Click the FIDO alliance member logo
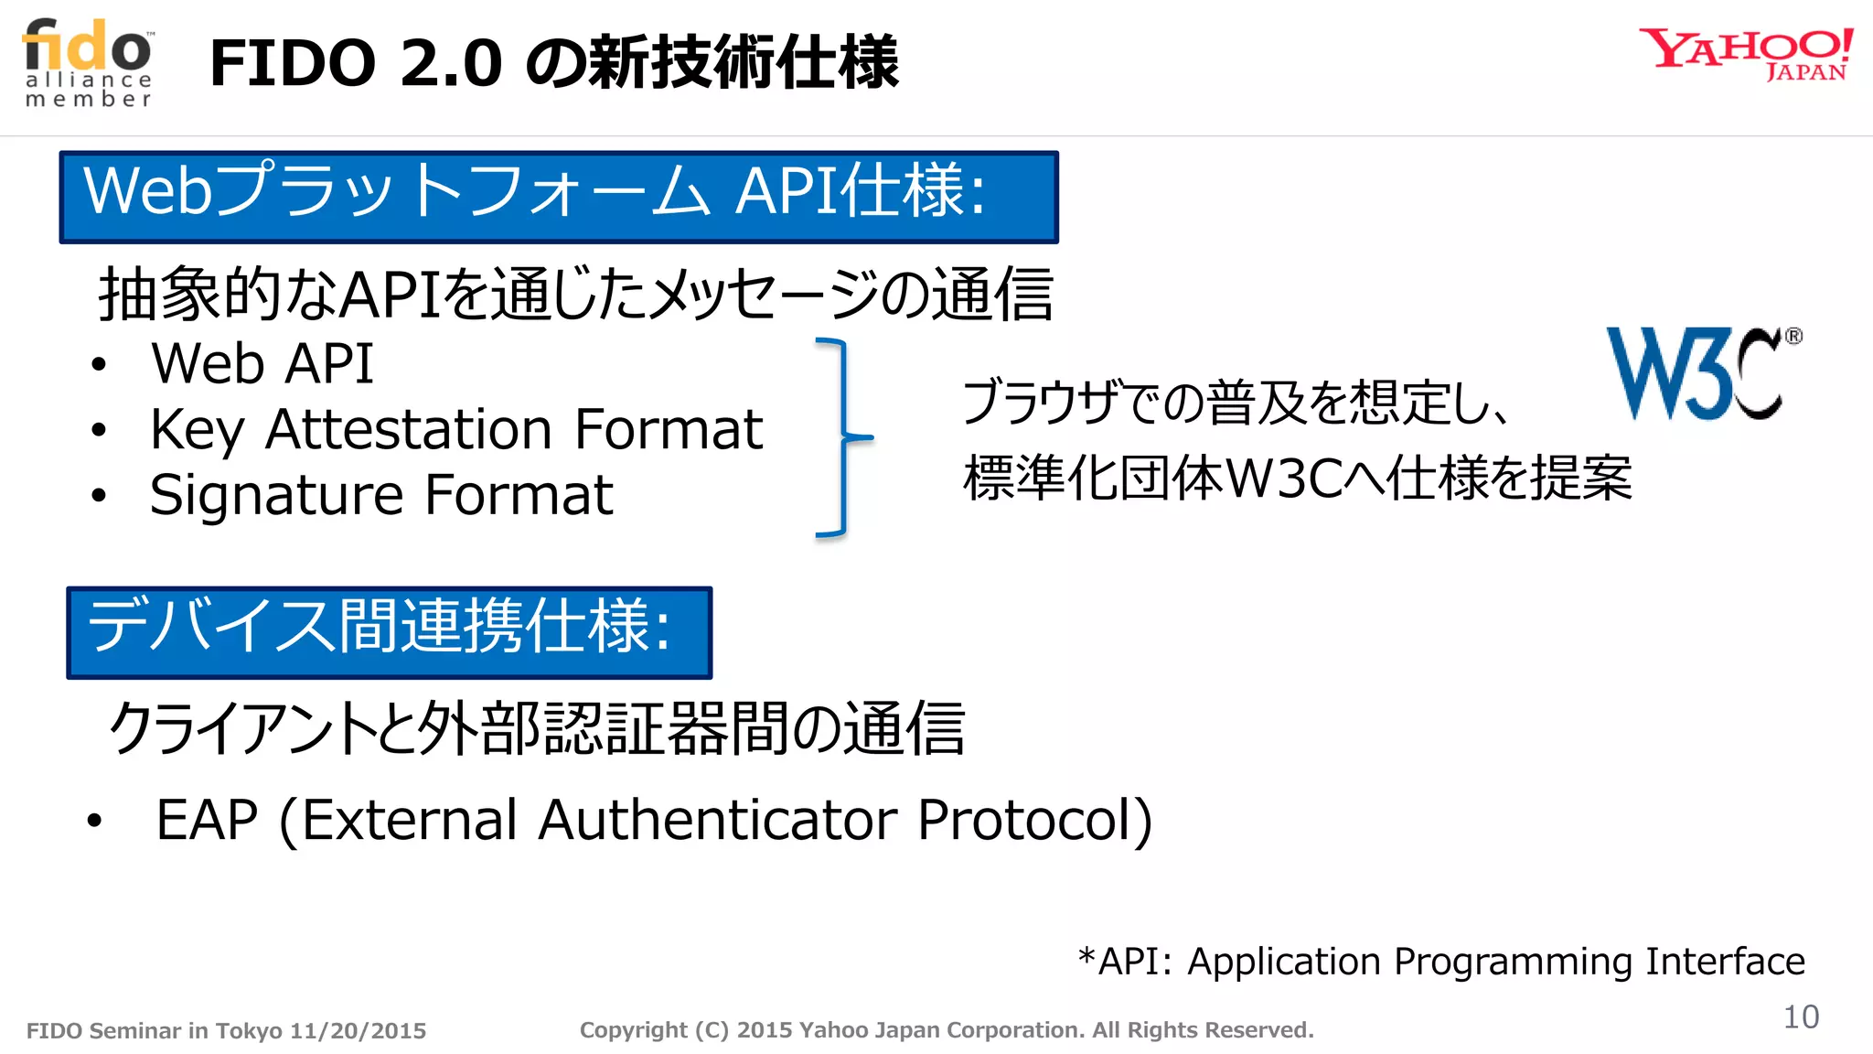(89, 62)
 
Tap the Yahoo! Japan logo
(1745, 55)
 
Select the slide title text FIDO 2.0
(356, 63)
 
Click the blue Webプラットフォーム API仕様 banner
(559, 197)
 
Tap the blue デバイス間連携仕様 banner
(390, 632)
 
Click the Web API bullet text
(262, 363)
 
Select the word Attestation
(408, 429)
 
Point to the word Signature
(276, 496)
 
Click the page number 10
(1801, 1016)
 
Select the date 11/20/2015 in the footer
(358, 1031)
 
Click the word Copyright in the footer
(633, 1030)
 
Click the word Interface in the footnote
(1725, 961)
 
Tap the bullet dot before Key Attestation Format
(99, 430)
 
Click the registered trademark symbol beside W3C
(1793, 336)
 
